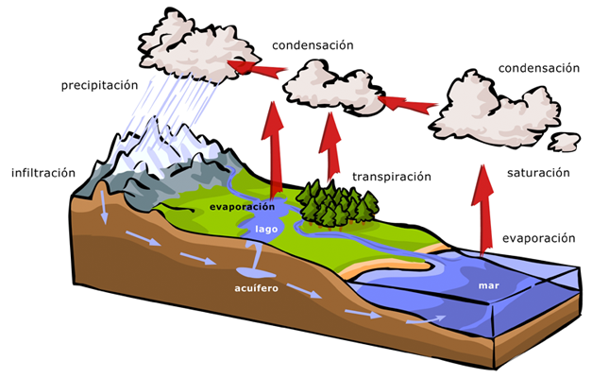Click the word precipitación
(x=99, y=84)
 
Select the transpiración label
(x=391, y=177)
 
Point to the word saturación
(x=538, y=173)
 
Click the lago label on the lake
(x=266, y=228)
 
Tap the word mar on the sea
(x=488, y=283)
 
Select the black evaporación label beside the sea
(x=538, y=238)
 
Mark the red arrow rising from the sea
(x=483, y=213)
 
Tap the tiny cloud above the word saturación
(x=565, y=142)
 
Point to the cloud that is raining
(x=190, y=43)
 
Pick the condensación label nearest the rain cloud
(x=313, y=45)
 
